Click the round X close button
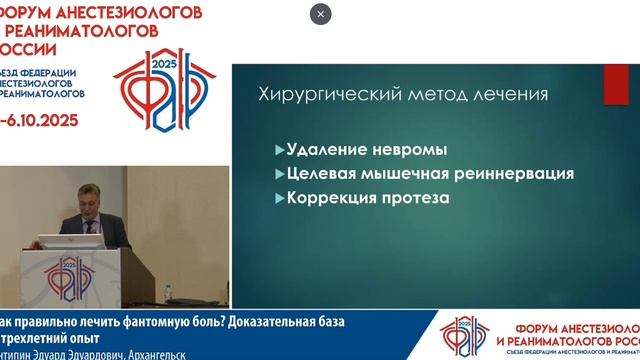tap(320, 14)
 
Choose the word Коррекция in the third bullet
tap(329, 198)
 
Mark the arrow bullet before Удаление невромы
tap(279, 150)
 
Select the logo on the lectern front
tap(68, 271)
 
